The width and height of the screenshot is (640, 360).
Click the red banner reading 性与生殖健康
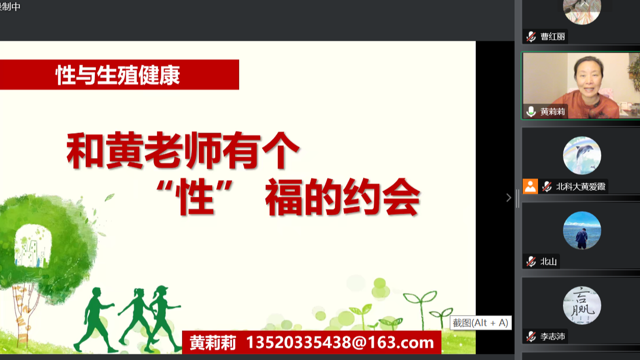[x=119, y=74]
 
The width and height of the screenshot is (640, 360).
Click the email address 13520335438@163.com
[x=340, y=342]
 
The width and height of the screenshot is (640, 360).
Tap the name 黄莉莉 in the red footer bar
[x=213, y=343]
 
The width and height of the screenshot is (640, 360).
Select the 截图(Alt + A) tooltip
[x=480, y=323]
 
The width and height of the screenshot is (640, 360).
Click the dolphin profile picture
[x=582, y=156]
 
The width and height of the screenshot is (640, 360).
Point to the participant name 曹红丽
[x=553, y=37]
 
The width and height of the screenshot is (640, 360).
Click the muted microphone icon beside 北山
[x=531, y=262]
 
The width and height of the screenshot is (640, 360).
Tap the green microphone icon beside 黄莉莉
[x=531, y=112]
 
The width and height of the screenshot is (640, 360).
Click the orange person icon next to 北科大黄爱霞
[x=530, y=186]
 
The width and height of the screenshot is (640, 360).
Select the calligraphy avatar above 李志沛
[x=582, y=305]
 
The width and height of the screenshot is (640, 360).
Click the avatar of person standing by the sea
[x=582, y=230]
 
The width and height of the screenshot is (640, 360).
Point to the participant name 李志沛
[x=553, y=336]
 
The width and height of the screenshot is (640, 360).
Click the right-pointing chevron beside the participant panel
[x=508, y=198]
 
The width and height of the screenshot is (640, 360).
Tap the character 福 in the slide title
[x=284, y=197]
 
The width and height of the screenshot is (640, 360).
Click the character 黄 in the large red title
[x=124, y=150]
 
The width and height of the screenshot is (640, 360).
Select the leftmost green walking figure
[x=95, y=319]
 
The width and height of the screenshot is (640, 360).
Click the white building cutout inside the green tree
[x=33, y=246]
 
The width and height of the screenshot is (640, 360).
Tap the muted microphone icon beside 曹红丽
[x=531, y=37]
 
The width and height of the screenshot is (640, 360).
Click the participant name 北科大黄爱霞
[x=580, y=187]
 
